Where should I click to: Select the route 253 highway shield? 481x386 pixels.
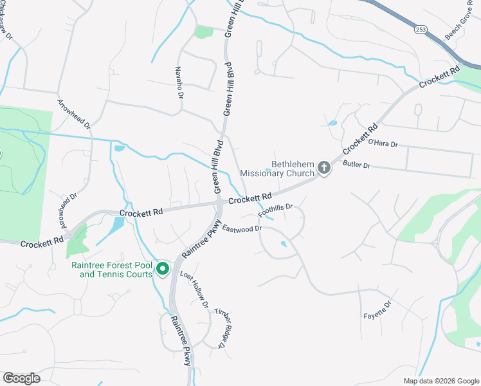(421, 30)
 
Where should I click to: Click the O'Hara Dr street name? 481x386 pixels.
(383, 143)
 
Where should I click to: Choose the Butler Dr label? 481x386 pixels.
(357, 165)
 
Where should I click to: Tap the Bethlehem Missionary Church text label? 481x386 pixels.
(277, 169)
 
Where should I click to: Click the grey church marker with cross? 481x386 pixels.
(324, 169)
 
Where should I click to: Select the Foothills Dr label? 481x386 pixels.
(275, 210)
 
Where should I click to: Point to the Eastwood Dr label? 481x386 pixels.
(242, 228)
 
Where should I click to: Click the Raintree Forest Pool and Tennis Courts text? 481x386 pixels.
(112, 270)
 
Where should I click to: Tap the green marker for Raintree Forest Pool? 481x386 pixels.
(163, 268)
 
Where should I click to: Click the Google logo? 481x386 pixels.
(21, 378)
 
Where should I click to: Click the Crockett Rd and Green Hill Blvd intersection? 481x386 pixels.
(219, 203)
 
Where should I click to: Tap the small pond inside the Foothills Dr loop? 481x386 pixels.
(283, 244)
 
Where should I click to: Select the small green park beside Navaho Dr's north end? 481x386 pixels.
(203, 32)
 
